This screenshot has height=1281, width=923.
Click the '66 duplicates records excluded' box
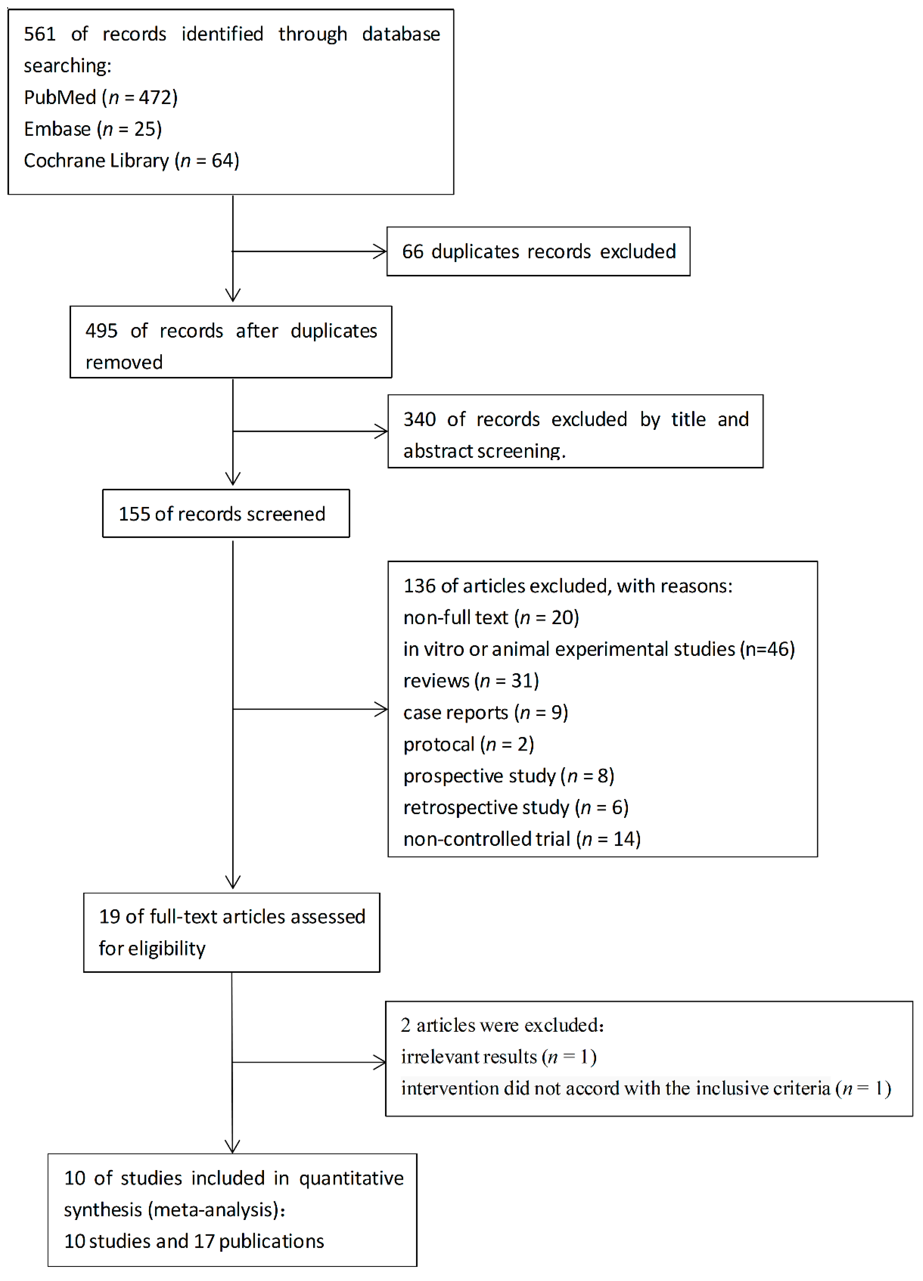(x=538, y=251)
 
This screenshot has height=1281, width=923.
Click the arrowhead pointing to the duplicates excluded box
(x=381, y=251)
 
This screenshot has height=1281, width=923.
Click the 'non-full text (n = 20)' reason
(x=491, y=617)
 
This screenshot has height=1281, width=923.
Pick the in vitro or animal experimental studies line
(x=598, y=649)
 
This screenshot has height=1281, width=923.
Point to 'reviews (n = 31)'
(x=471, y=681)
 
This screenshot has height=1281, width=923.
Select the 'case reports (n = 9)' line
(x=485, y=712)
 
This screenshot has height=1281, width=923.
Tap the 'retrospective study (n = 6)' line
(x=515, y=807)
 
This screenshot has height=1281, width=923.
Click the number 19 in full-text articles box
(x=109, y=916)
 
